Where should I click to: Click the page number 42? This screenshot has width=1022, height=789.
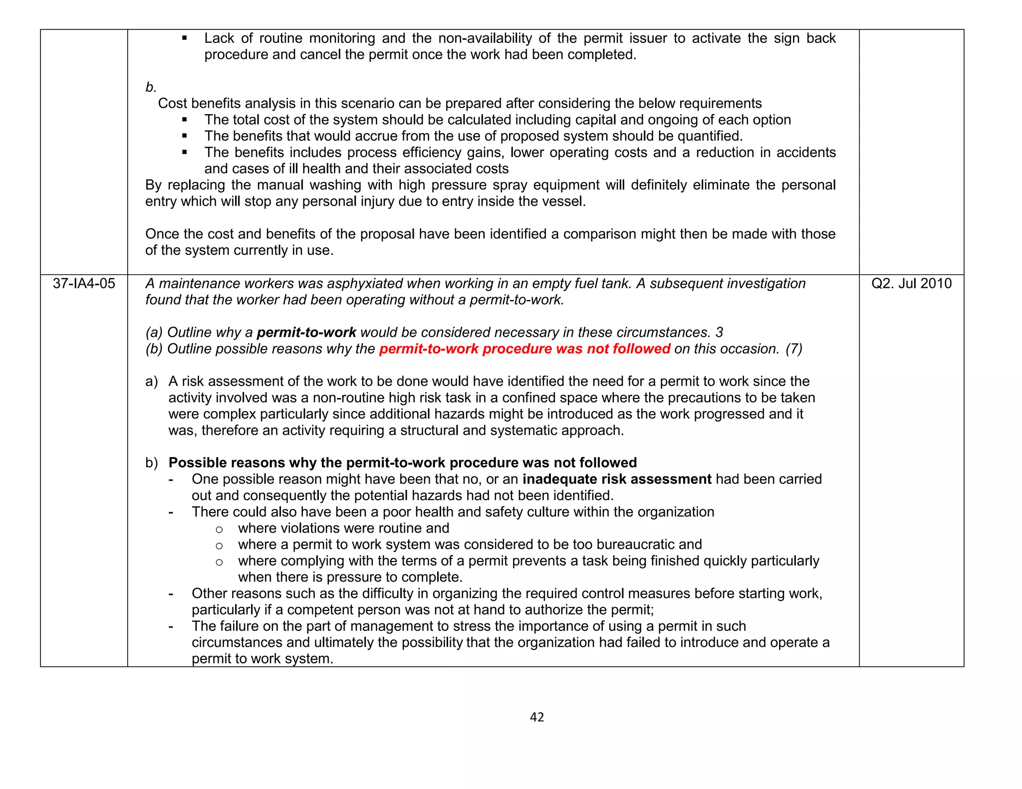pyautogui.click(x=536, y=717)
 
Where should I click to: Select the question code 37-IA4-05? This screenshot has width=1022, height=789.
pyautogui.click(x=84, y=284)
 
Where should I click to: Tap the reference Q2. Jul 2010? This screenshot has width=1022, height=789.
pyautogui.click(x=911, y=284)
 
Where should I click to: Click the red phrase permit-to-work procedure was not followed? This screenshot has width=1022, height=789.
pyautogui.click(x=524, y=349)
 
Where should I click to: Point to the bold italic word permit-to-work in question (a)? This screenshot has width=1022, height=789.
pyautogui.click(x=306, y=333)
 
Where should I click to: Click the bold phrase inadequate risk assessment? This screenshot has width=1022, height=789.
pyautogui.click(x=617, y=479)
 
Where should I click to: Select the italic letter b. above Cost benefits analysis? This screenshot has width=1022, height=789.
pyautogui.click(x=151, y=87)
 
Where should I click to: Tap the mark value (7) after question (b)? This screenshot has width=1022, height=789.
pyautogui.click(x=793, y=349)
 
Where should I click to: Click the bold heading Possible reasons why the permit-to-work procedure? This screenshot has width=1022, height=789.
pyautogui.click(x=402, y=463)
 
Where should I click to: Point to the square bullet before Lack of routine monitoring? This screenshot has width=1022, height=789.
pyautogui.click(x=185, y=38)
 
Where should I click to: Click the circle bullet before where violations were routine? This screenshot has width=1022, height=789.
pyautogui.click(x=219, y=529)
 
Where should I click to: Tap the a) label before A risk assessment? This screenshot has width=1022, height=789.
pyautogui.click(x=152, y=382)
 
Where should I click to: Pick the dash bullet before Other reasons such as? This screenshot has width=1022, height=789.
pyautogui.click(x=171, y=594)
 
